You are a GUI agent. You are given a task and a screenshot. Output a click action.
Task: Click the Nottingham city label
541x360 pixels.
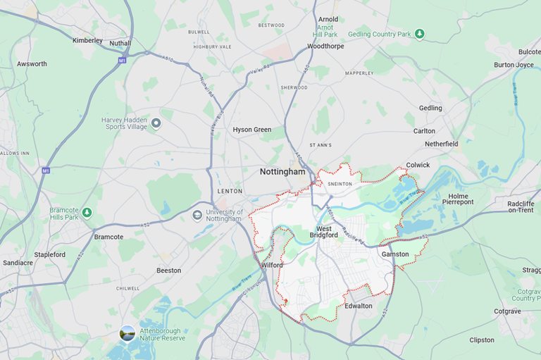click(x=282, y=171)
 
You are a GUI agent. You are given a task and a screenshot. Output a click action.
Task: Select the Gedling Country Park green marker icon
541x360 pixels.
click(x=420, y=34)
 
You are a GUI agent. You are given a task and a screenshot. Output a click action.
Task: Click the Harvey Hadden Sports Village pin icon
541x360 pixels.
click(x=156, y=123)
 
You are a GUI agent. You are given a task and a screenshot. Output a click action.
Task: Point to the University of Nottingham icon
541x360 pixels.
click(x=197, y=215)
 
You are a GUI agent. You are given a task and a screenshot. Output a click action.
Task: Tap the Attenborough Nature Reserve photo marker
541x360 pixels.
click(x=128, y=333)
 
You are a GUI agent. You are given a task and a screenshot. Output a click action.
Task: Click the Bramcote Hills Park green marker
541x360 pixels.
click(x=87, y=212)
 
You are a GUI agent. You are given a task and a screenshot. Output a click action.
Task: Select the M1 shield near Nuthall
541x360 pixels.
click(x=122, y=61)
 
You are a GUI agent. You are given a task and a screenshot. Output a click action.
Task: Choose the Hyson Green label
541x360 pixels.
click(x=251, y=130)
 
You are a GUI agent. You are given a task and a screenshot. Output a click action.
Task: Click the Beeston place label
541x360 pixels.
click(x=168, y=271)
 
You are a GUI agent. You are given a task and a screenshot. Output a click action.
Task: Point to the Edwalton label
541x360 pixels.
click(x=359, y=306)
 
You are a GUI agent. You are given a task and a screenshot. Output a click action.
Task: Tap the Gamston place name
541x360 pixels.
click(x=394, y=254)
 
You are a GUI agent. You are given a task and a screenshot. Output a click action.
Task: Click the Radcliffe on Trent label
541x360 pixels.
click(x=521, y=206)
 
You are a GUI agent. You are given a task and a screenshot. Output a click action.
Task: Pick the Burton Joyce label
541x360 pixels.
click(x=514, y=65)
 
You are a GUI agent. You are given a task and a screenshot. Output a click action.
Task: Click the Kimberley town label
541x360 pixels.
click(x=87, y=40)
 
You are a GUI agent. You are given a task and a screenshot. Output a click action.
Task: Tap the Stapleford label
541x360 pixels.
click(x=49, y=254)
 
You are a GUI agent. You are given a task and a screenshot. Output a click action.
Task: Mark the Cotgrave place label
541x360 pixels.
click(x=507, y=311)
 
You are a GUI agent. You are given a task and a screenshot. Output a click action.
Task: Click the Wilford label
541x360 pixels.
click(x=271, y=265)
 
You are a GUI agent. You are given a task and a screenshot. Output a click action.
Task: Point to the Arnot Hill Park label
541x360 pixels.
click(x=325, y=30)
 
